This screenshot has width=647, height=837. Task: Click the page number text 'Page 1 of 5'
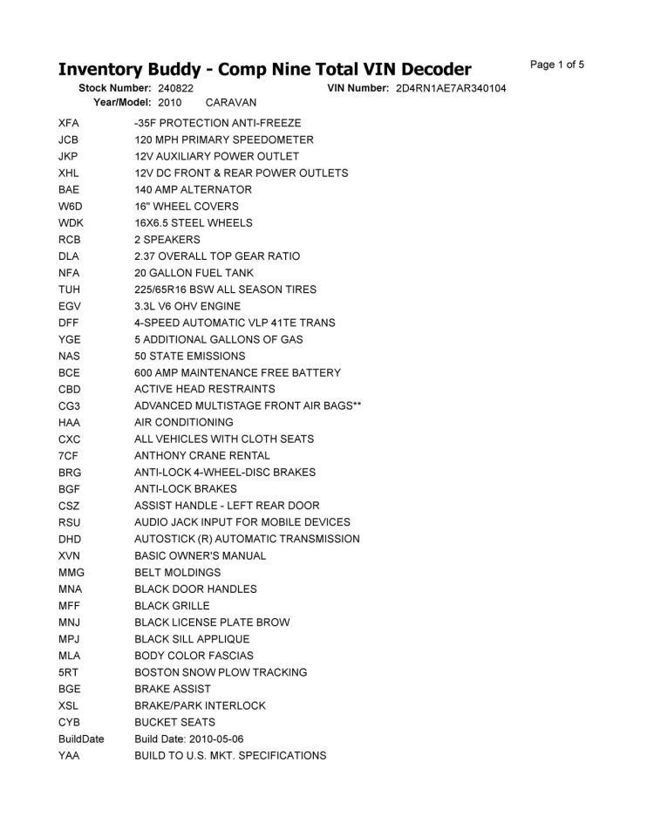[x=556, y=65]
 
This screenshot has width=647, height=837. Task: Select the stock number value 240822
[x=176, y=89]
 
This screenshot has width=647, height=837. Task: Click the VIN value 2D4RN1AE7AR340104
[x=450, y=89]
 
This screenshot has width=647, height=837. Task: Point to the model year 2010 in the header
[x=170, y=103]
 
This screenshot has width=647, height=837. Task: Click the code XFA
[x=69, y=123]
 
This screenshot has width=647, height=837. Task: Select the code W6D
[x=70, y=207]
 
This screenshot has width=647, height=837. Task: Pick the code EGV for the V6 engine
[x=69, y=306]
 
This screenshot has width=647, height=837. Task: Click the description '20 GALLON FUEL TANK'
[x=194, y=273]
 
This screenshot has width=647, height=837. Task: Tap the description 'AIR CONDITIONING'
[x=184, y=422]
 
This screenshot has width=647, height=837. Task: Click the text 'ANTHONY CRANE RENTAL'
[x=202, y=455]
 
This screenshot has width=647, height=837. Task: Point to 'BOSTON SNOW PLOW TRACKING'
[x=221, y=672]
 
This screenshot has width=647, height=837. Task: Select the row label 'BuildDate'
[x=81, y=738]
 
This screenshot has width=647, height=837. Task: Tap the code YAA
[x=69, y=755]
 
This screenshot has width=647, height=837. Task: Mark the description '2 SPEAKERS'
[x=167, y=240]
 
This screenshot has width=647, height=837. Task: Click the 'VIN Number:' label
[x=358, y=89]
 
